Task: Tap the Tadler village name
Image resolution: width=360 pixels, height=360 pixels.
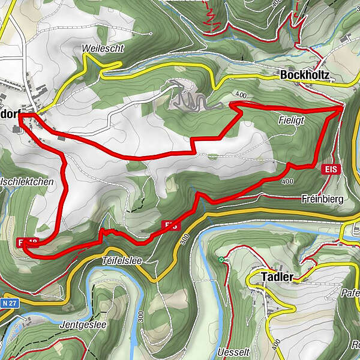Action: [277, 277]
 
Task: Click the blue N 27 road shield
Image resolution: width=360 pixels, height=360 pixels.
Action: [8, 304]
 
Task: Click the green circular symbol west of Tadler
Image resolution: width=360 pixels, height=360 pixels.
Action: [222, 260]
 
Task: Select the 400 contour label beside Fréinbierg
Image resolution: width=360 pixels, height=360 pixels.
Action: [287, 181]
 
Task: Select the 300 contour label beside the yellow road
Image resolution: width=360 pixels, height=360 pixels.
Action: [183, 239]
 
